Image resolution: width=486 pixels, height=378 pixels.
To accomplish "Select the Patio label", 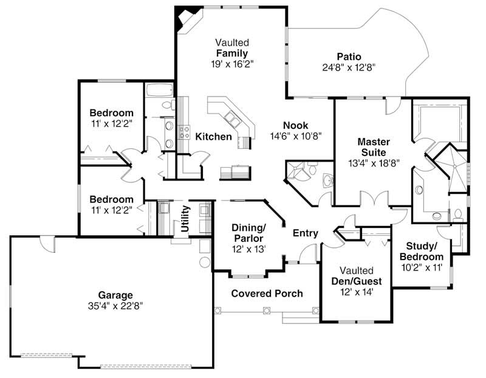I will tap(349, 56).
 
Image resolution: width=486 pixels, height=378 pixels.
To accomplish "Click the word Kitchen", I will tap(213, 137).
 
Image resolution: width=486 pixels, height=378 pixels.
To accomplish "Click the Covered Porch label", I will tap(267, 294).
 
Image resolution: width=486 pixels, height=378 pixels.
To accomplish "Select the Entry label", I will tap(306, 233).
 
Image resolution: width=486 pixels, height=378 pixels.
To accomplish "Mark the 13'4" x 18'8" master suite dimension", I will tap(373, 163).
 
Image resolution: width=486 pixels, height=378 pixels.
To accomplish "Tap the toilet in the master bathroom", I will tap(458, 214).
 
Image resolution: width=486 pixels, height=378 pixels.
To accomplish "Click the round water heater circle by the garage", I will tap(204, 263).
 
